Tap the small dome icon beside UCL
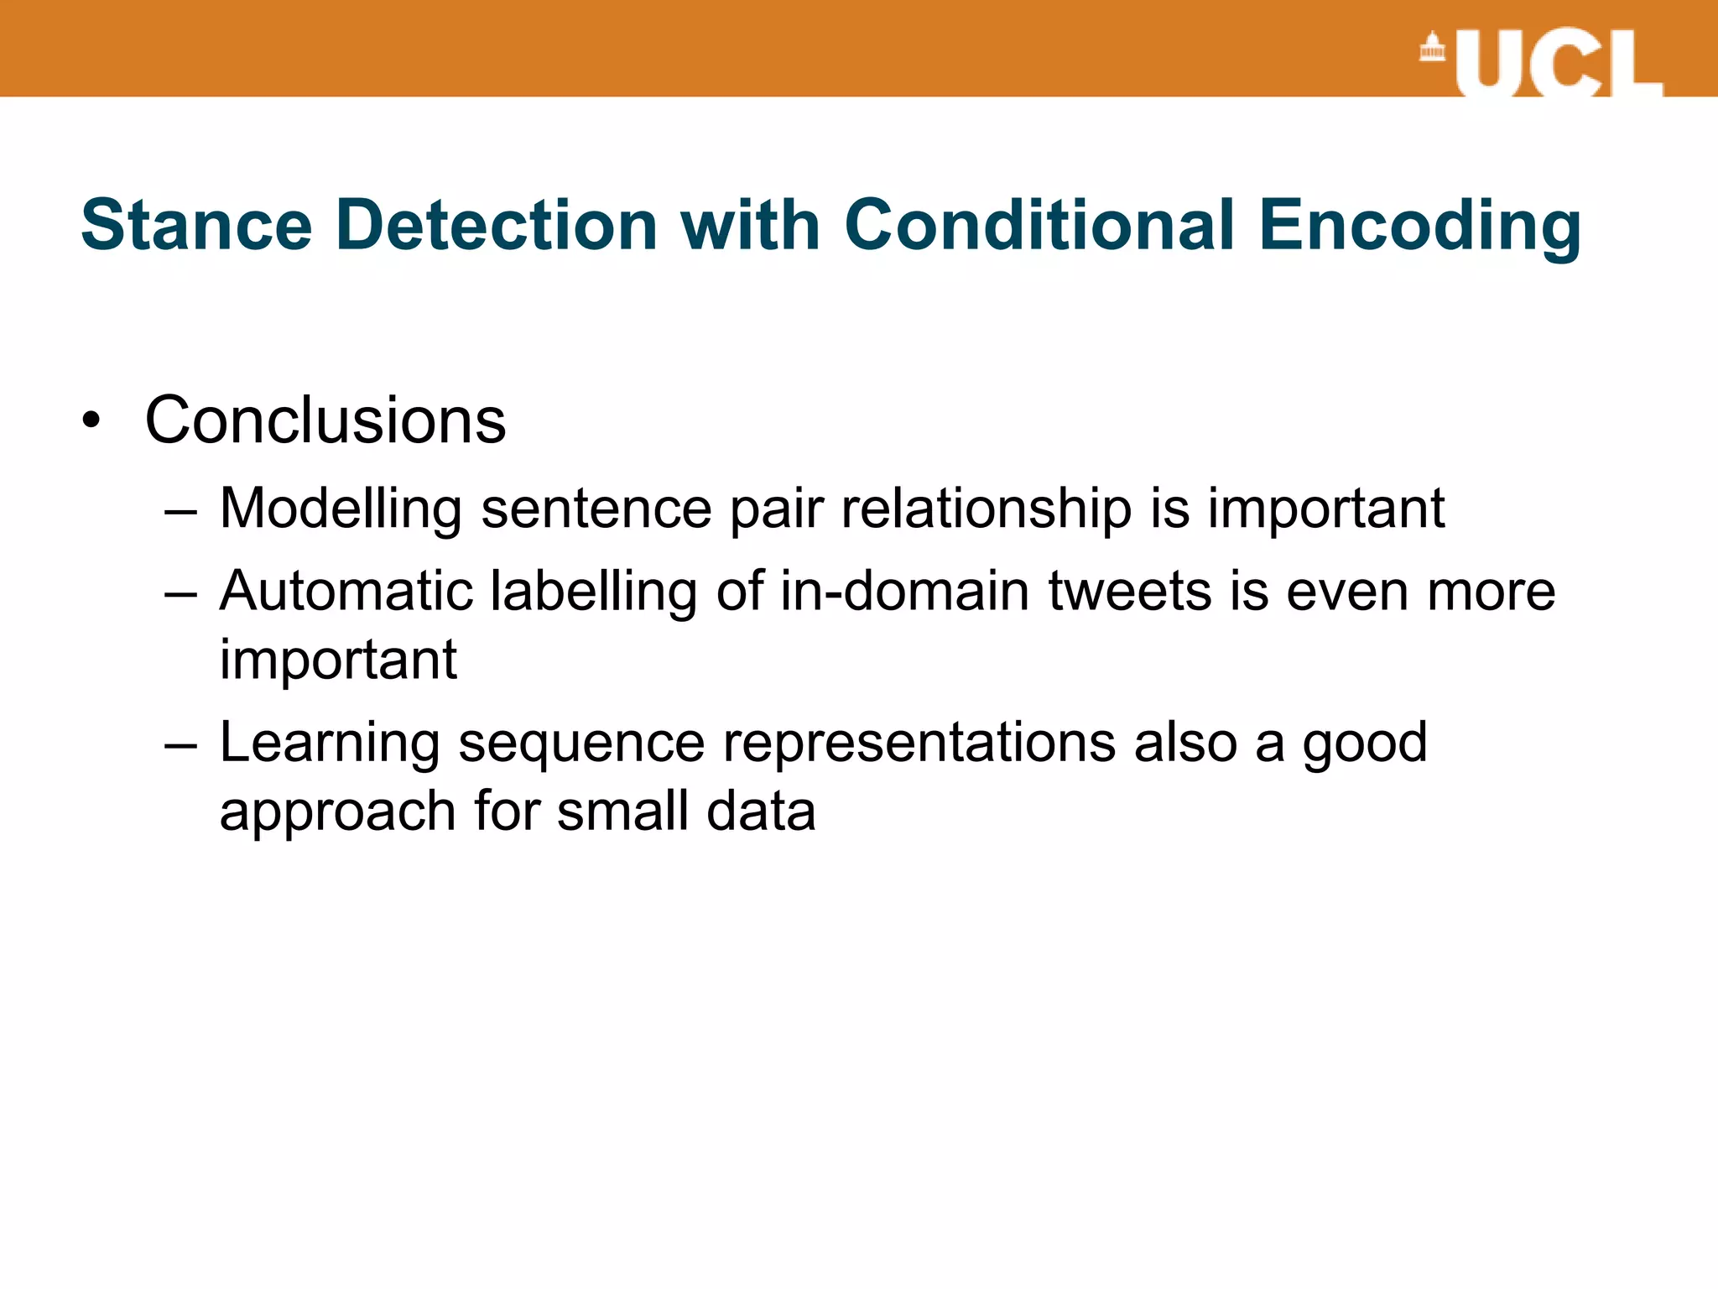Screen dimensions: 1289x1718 (1432, 48)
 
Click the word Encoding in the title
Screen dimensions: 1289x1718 (1419, 227)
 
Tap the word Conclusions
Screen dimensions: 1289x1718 (325, 420)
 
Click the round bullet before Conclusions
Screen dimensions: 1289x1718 (91, 420)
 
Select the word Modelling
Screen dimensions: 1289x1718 (341, 509)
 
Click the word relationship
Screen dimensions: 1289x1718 (987, 509)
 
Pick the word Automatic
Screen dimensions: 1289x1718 (346, 591)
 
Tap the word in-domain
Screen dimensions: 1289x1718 (904, 591)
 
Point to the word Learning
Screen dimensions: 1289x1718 (330, 744)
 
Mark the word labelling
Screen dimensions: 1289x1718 (594, 592)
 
